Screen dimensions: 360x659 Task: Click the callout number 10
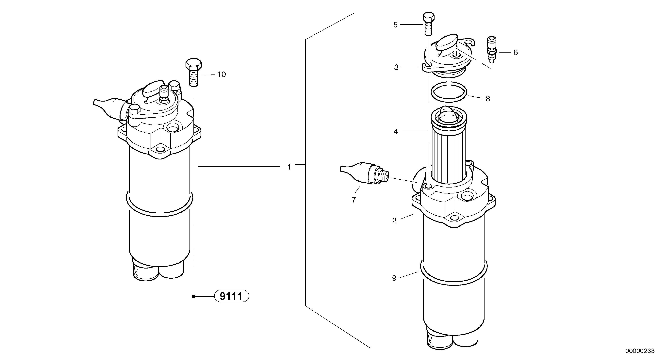coord(222,74)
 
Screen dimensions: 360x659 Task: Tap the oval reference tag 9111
coord(231,296)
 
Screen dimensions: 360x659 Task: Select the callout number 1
coord(289,167)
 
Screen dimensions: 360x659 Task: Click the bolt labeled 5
coord(428,24)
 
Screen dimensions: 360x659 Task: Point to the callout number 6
coord(516,52)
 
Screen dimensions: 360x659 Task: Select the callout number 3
coord(396,67)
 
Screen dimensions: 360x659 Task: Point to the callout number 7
coord(354,200)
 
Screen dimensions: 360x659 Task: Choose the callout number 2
coord(394,221)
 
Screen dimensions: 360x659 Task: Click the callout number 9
coord(394,278)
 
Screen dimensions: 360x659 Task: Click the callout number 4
coord(396,132)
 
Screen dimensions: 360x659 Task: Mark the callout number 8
coord(488,99)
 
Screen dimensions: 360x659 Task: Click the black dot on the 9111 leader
coord(194,297)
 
